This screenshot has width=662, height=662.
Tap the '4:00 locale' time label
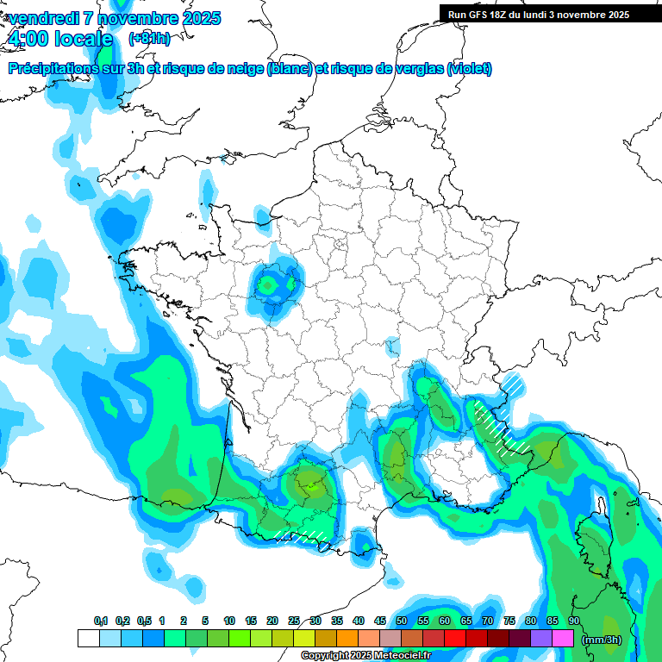pos(59,39)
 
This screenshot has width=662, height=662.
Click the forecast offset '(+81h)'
pos(149,39)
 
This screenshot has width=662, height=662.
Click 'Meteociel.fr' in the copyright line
pos(406,656)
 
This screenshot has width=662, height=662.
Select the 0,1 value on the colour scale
pos(101,621)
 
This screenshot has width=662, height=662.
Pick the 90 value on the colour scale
pos(574,621)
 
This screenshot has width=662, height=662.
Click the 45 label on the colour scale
pos(380,621)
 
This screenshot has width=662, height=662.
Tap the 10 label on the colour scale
pos(229,621)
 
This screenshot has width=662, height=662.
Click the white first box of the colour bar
pos(88,639)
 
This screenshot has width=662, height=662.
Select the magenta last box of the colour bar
pos(563,639)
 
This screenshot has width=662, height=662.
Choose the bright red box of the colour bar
pos(455,639)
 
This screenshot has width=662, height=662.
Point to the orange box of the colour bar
pos(347,639)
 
